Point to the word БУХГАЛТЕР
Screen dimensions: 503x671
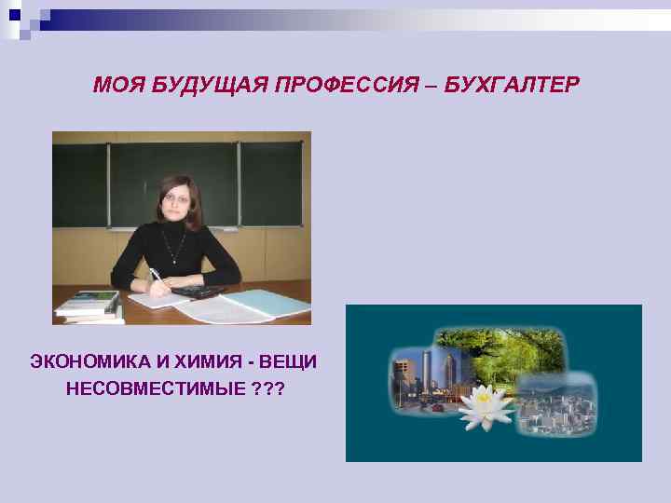tap(512, 87)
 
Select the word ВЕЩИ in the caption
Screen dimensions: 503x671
tap(288, 360)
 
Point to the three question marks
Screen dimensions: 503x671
tap(265, 387)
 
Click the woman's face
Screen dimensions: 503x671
tap(174, 199)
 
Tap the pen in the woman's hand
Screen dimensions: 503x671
tap(157, 277)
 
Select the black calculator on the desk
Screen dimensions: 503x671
tap(195, 292)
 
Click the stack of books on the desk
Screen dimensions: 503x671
tap(89, 307)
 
